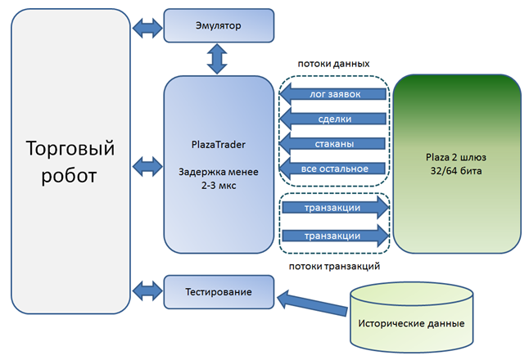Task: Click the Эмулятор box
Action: tap(217, 26)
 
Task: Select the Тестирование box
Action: tap(217, 292)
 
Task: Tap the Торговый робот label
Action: tap(70, 162)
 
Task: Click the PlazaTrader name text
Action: tap(217, 145)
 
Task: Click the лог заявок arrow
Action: tap(333, 94)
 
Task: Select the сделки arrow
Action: tap(333, 119)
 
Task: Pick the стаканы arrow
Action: tap(333, 144)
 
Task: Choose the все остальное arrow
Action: tap(333, 169)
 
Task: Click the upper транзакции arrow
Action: tap(333, 208)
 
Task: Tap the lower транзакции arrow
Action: tap(333, 236)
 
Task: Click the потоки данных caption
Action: tap(333, 63)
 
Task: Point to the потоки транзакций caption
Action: tap(333, 267)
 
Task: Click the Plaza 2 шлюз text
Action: tap(455, 156)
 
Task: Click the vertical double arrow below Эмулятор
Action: tap(217, 60)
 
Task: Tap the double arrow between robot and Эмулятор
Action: tap(147, 27)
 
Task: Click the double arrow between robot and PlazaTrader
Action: tap(147, 166)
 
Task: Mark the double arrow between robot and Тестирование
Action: tap(147, 290)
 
